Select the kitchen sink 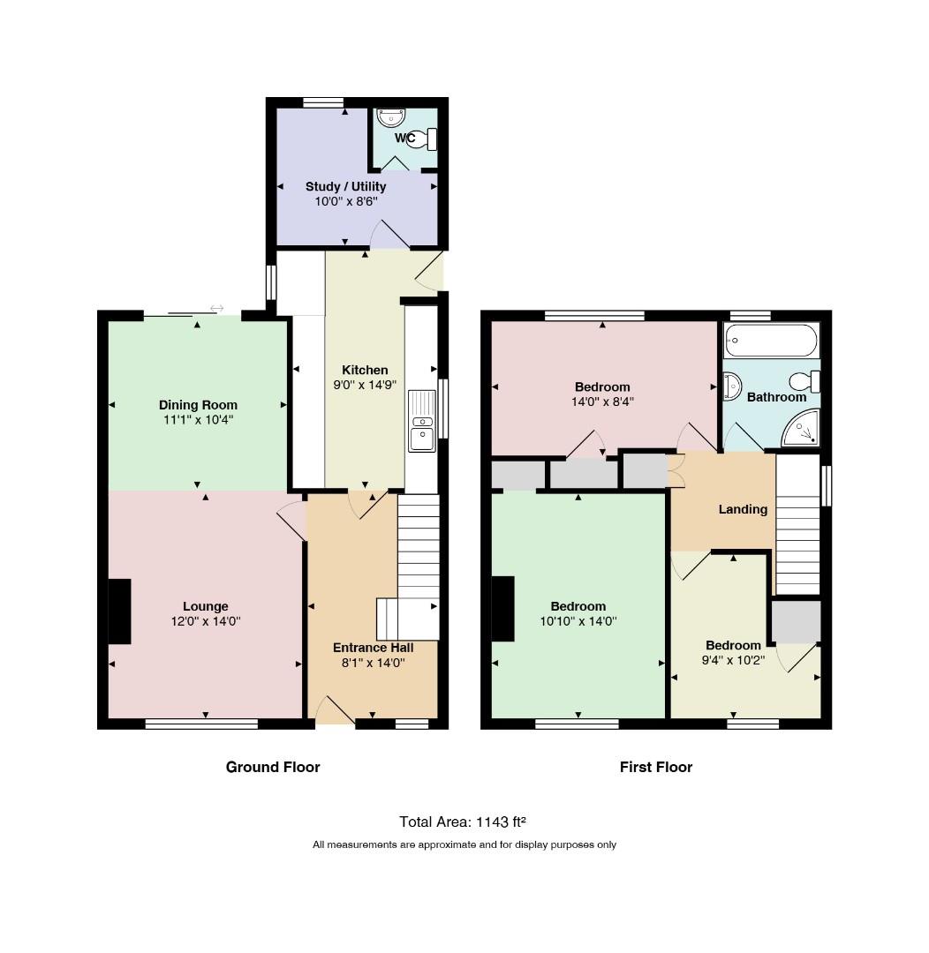[421, 421]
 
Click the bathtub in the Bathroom [771, 341]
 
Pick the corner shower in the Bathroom [802, 428]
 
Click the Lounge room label [206, 606]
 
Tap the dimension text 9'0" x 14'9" [365, 385]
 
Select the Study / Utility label [345, 186]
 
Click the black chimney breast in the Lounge [120, 612]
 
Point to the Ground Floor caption [273, 767]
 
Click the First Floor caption [656, 767]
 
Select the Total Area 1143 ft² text [463, 822]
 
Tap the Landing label [743, 509]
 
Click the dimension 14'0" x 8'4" [602, 401]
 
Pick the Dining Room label [198, 405]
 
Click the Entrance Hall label [373, 648]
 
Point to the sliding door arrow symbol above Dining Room [216, 309]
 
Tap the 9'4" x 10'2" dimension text [733, 660]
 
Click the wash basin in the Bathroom [732, 386]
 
